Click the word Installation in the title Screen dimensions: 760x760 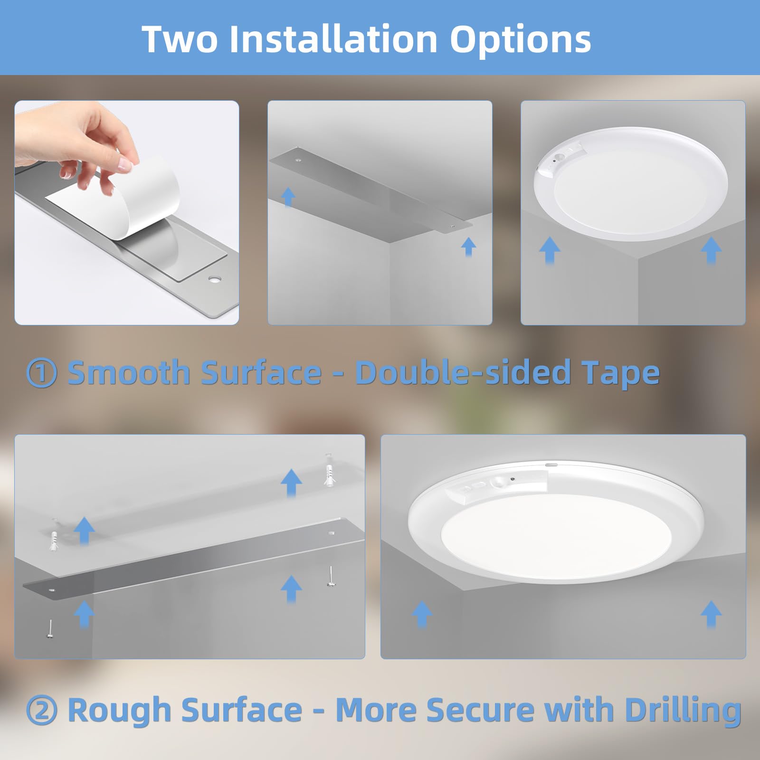[332, 38]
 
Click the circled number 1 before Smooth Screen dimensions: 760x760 [42, 373]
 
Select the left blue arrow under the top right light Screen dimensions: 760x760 [550, 250]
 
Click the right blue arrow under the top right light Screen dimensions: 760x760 [711, 250]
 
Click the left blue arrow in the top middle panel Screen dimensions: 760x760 [288, 196]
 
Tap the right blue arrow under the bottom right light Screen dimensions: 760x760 [711, 614]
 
